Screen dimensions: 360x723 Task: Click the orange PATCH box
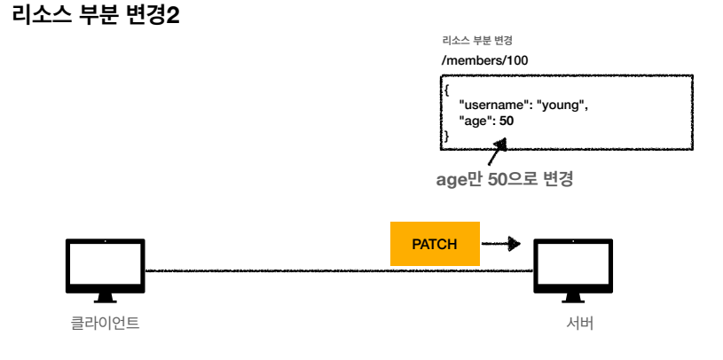tap(435, 243)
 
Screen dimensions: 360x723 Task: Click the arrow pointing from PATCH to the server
tap(501, 243)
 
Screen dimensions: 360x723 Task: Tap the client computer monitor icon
tap(106, 263)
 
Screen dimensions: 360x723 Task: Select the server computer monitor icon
tap(572, 263)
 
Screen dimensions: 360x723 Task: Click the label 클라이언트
tap(106, 324)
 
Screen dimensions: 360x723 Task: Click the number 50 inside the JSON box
tap(507, 121)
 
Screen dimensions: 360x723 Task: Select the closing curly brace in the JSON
tap(447, 135)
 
